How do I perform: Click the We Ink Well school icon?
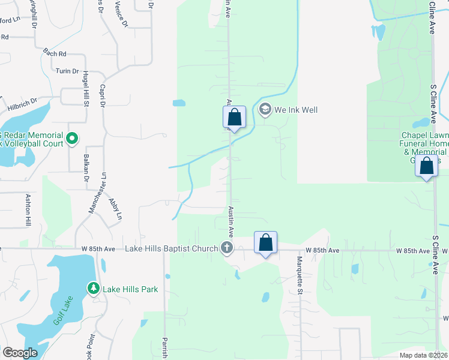point(265,110)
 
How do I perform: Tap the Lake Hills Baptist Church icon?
point(226,248)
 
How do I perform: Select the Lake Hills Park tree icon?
point(93,289)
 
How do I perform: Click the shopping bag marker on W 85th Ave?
point(265,243)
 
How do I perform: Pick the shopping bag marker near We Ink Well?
point(234,117)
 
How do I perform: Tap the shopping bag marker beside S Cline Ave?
point(426,167)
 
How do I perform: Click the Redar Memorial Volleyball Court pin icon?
point(72,139)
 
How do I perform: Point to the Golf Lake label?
point(62,311)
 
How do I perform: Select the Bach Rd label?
point(54,54)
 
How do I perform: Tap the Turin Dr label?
point(67,71)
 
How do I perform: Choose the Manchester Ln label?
point(93,193)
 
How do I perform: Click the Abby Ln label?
point(115,208)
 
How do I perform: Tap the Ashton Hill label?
point(28,209)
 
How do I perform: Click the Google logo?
point(20,353)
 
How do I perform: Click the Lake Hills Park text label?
point(130,289)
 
